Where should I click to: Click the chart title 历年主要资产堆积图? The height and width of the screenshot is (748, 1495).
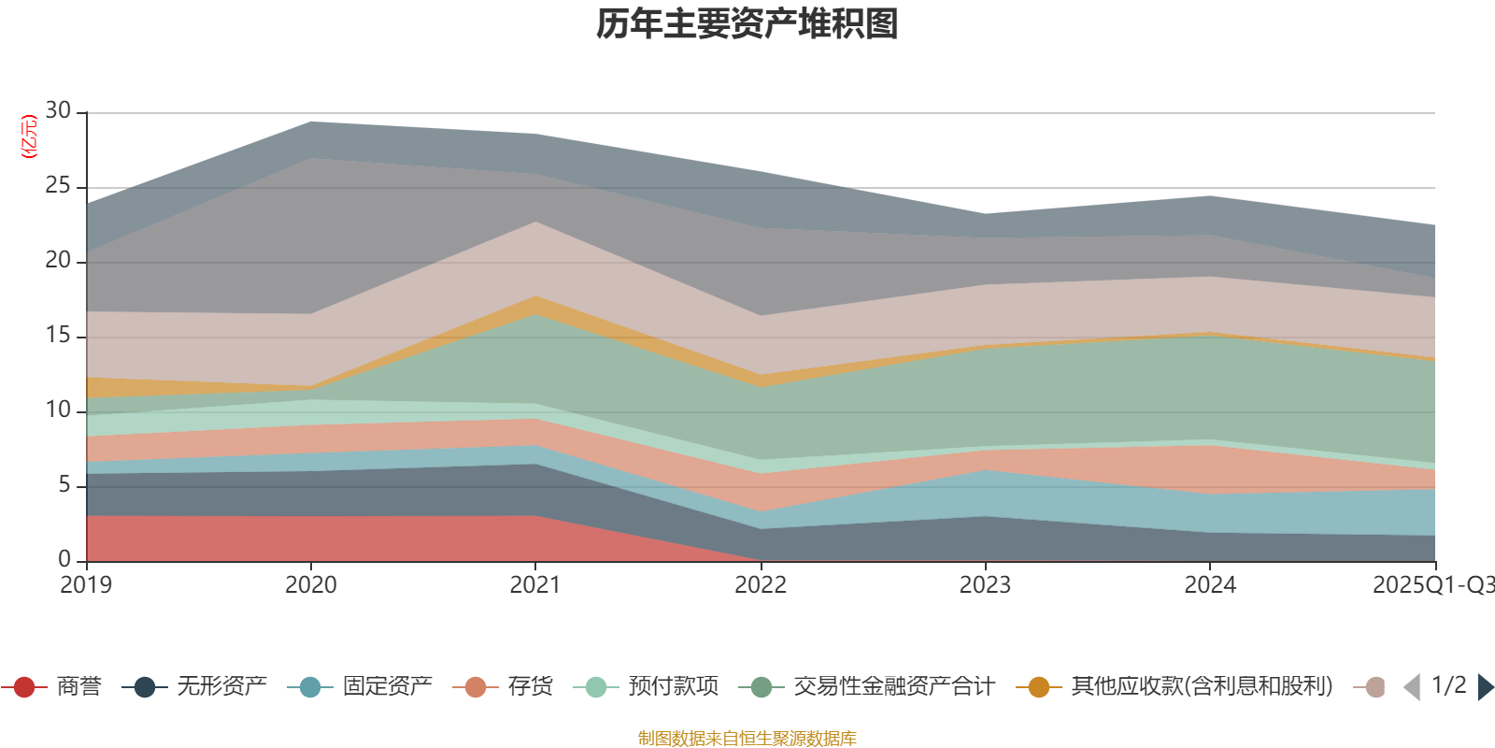click(x=747, y=24)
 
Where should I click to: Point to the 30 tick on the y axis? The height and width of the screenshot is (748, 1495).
click(x=58, y=111)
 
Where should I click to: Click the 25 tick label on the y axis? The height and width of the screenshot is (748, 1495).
click(x=58, y=186)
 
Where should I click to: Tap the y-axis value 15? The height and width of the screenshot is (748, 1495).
click(x=58, y=336)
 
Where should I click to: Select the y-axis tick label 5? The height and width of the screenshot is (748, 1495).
click(x=64, y=485)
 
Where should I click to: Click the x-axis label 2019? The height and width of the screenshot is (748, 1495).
click(x=86, y=585)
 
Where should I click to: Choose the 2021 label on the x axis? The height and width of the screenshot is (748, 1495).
click(x=534, y=585)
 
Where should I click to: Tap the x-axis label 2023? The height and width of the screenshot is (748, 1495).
click(x=985, y=585)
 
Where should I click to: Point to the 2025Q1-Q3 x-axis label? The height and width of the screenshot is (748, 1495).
click(x=1431, y=585)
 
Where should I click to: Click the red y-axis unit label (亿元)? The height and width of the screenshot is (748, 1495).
click(x=29, y=137)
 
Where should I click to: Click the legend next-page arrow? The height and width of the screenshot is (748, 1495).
click(x=1485, y=687)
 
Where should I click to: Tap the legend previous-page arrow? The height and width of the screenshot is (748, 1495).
click(x=1412, y=687)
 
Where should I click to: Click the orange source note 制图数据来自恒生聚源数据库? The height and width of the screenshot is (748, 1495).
click(x=747, y=739)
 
